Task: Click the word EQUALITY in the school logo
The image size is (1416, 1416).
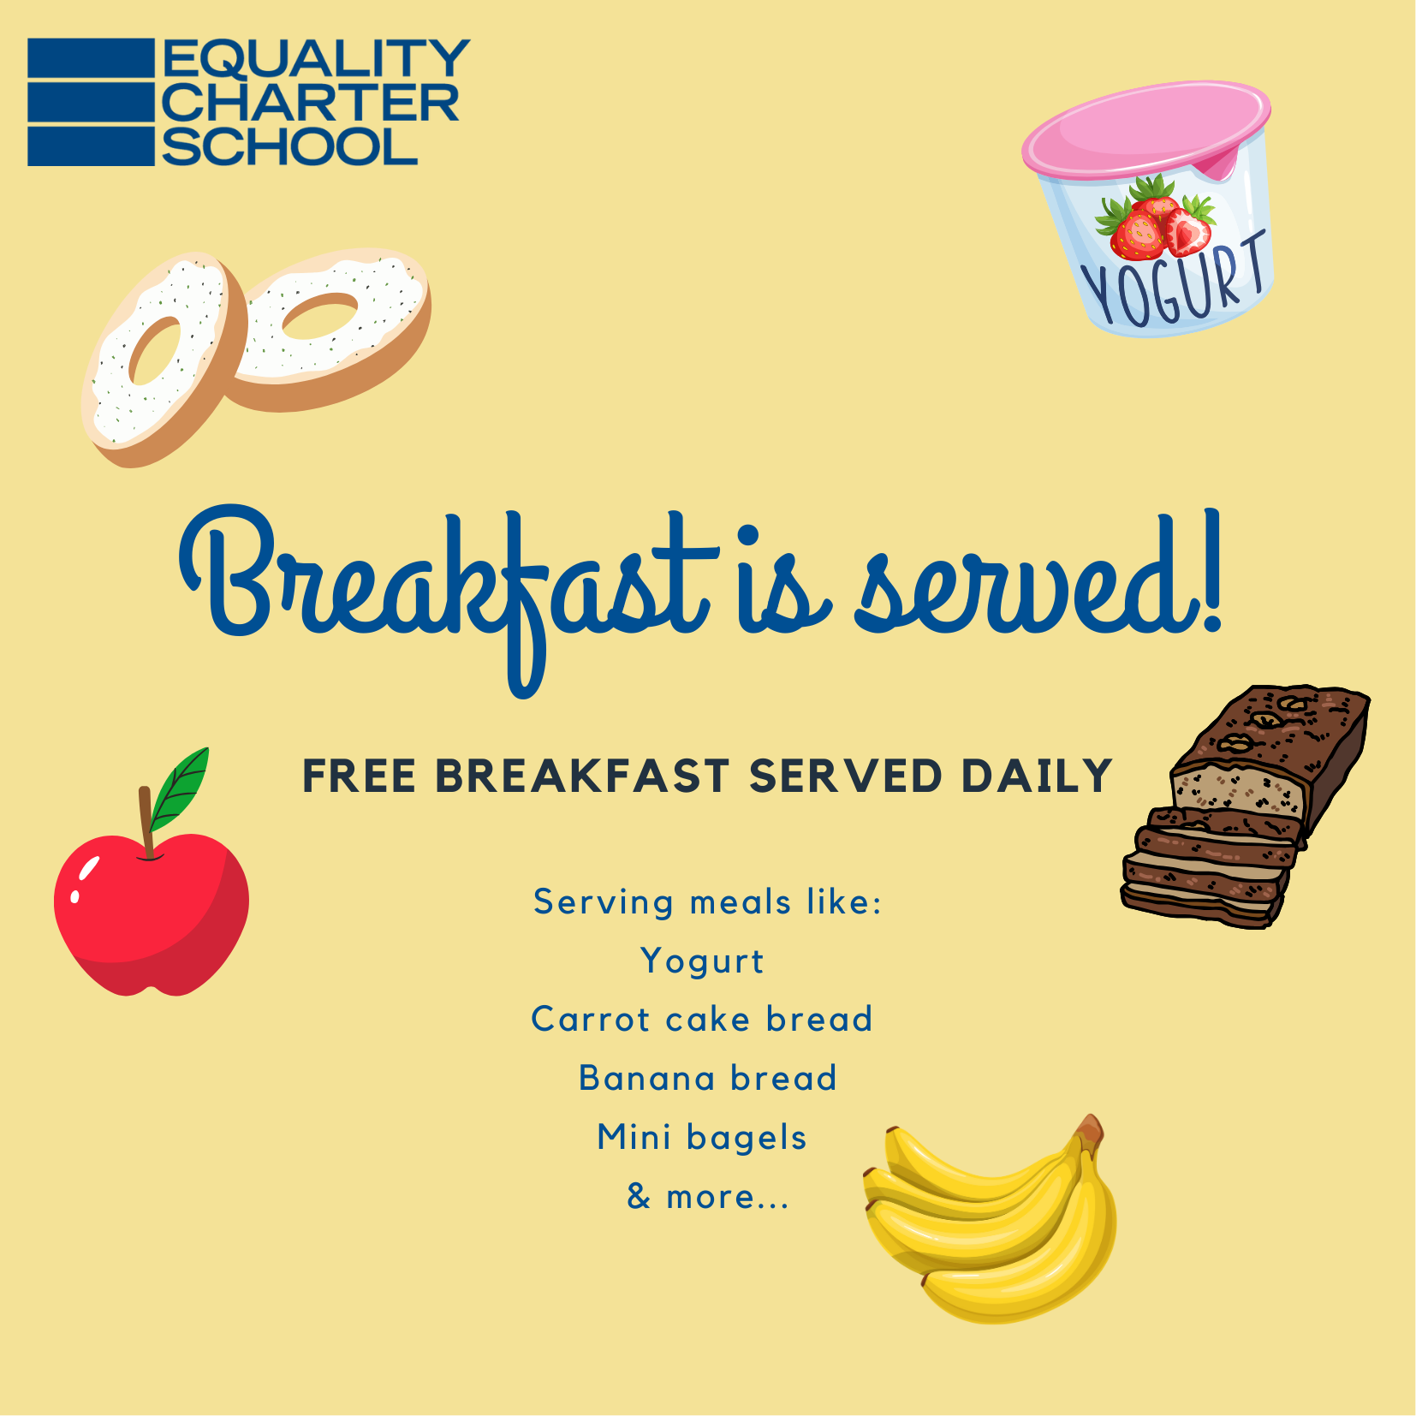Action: (x=315, y=58)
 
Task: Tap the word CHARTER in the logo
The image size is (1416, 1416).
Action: (x=310, y=103)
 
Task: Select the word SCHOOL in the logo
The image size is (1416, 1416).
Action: (x=289, y=146)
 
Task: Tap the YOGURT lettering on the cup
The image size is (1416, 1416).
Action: (x=1174, y=280)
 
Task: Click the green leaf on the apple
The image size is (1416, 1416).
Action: (x=180, y=788)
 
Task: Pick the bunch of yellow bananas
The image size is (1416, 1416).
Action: (x=991, y=1220)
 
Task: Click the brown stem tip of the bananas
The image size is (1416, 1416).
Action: (x=1090, y=1127)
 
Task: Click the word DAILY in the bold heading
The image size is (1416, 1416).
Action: (x=1036, y=776)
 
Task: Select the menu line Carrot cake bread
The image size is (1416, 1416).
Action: (x=702, y=1019)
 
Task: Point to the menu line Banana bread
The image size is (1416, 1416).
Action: (x=708, y=1078)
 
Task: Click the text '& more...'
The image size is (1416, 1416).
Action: (x=708, y=1196)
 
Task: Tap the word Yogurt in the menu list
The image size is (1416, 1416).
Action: (x=702, y=961)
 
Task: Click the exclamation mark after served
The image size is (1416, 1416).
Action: (x=1210, y=570)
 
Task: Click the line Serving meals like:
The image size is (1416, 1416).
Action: (x=708, y=902)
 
